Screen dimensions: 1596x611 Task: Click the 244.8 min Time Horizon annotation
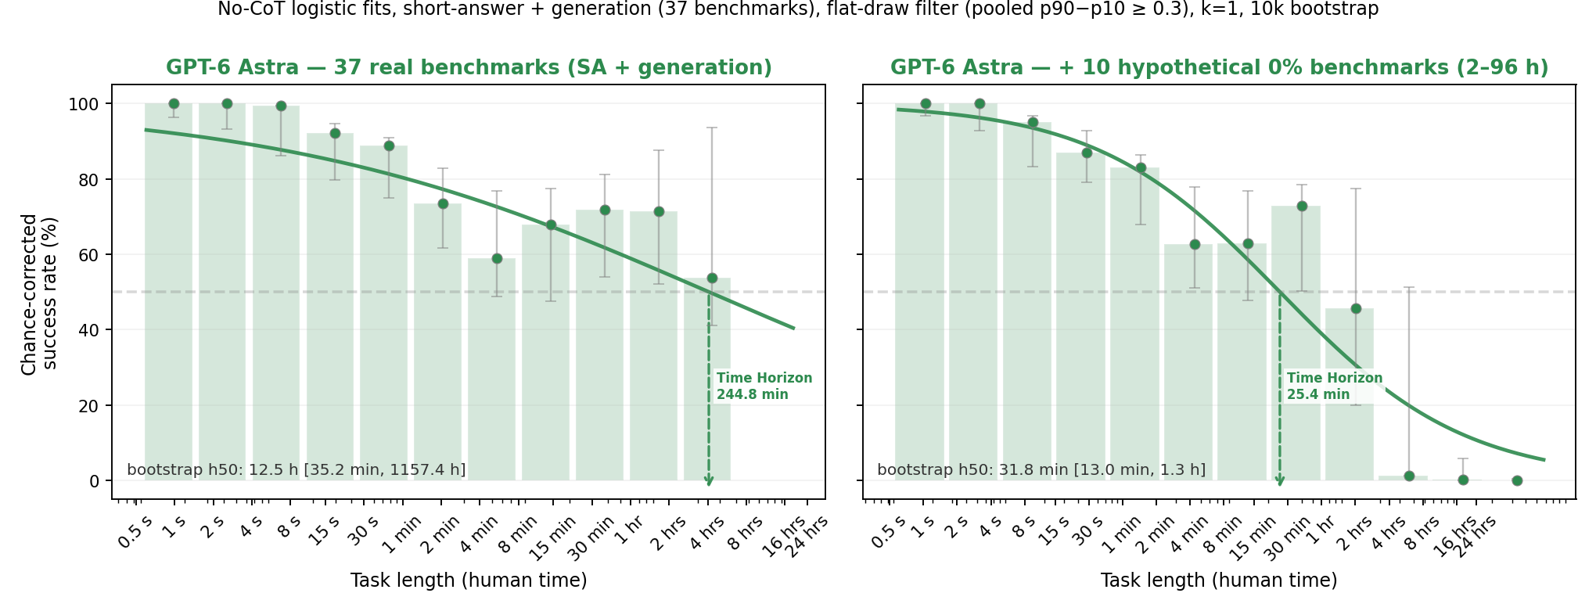click(764, 386)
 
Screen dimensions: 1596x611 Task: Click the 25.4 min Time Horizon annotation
click(1335, 386)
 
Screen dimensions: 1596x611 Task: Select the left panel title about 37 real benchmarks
click(469, 68)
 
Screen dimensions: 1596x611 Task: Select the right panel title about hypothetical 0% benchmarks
click(1219, 68)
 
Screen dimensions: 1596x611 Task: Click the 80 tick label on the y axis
click(89, 180)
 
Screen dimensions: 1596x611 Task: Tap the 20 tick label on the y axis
click(89, 406)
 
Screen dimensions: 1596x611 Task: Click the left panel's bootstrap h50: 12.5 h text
click(296, 470)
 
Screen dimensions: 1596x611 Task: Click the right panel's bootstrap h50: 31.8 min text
click(1041, 470)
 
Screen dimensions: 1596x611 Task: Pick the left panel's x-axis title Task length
click(469, 580)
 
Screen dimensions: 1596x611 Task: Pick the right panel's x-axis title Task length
click(1219, 580)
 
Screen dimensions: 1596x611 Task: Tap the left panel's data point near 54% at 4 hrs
click(712, 279)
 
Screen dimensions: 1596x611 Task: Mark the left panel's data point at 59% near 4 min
click(497, 259)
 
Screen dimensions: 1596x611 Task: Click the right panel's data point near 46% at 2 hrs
click(1356, 309)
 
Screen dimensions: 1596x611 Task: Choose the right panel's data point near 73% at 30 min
click(1302, 207)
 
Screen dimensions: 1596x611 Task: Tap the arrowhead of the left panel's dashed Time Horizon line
click(709, 482)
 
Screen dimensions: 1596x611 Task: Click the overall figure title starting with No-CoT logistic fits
click(798, 9)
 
